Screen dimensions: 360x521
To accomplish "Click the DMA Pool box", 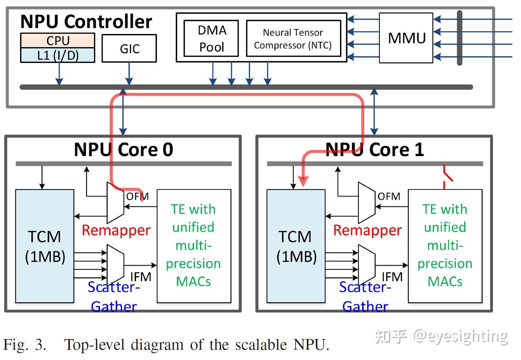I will (211, 38).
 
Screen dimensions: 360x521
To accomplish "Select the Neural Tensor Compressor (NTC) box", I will (293, 38).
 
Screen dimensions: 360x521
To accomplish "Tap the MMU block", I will (406, 38).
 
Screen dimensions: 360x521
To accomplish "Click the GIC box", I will (129, 49).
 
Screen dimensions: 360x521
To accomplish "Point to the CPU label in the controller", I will (58, 40).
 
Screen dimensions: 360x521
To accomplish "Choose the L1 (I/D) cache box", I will (58, 55).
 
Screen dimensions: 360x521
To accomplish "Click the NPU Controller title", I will (86, 22).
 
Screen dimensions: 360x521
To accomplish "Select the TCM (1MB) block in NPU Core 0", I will (45, 246).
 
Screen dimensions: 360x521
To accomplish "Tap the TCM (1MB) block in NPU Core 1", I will (296, 246).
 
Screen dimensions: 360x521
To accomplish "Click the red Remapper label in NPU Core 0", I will (116, 230).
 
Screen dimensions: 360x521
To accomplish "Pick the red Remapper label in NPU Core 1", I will (367, 230).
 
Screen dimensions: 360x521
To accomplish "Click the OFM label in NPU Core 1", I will (388, 196).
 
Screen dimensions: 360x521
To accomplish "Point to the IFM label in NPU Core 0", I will (140, 277).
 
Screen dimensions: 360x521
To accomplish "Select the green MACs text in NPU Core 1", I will (445, 281).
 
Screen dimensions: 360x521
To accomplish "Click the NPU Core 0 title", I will (123, 149).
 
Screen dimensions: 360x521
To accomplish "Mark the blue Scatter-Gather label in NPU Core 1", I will (365, 297).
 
